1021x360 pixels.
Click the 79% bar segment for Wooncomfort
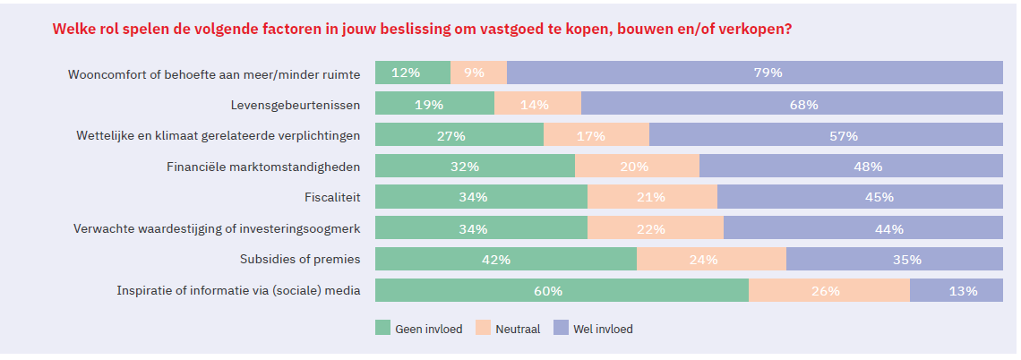click(754, 73)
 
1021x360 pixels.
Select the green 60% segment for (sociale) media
click(562, 291)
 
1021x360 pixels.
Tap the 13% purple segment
click(956, 291)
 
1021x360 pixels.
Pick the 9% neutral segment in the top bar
click(478, 73)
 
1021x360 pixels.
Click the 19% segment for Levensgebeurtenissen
click(434, 105)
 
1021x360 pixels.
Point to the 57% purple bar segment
click(825, 136)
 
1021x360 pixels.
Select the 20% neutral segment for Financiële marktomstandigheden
click(636, 167)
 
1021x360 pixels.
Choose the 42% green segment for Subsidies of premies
click(505, 260)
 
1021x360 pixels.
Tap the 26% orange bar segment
click(828, 291)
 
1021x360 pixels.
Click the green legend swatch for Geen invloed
click(382, 329)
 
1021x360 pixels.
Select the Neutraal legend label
click(518, 330)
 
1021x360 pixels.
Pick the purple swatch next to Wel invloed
click(561, 329)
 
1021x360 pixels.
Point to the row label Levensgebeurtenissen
click(296, 105)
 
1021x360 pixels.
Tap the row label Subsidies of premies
click(300, 260)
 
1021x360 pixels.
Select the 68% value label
click(803, 105)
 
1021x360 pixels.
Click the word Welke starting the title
click(74, 29)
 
